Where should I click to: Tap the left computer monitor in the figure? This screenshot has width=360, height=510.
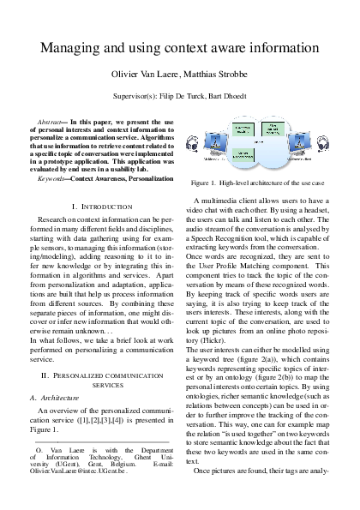(x=214, y=151)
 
